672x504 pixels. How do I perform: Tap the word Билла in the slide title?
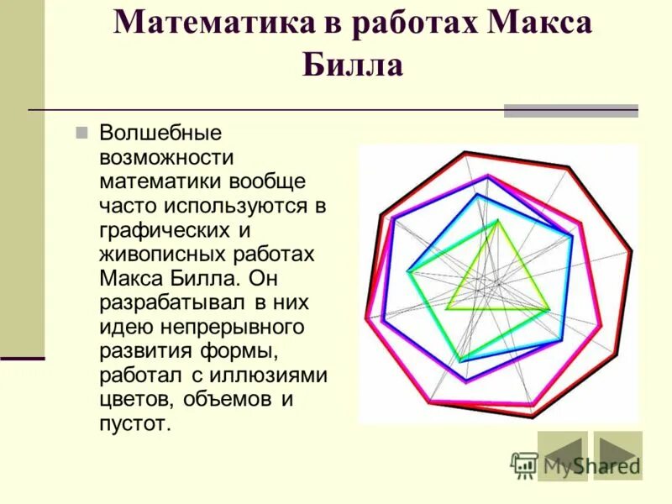point(352,65)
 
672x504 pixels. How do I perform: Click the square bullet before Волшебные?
point(81,133)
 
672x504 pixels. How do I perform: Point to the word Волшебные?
point(160,133)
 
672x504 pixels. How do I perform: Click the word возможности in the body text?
point(166,157)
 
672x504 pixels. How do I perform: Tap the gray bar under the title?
point(570,111)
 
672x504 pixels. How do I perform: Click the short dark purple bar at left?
point(22,358)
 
